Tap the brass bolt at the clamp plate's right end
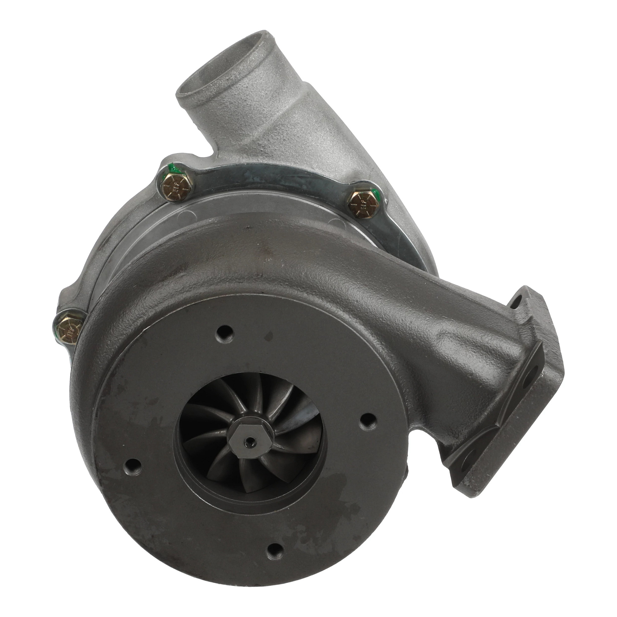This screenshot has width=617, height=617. [363, 204]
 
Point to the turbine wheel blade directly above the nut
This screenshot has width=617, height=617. [252, 402]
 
